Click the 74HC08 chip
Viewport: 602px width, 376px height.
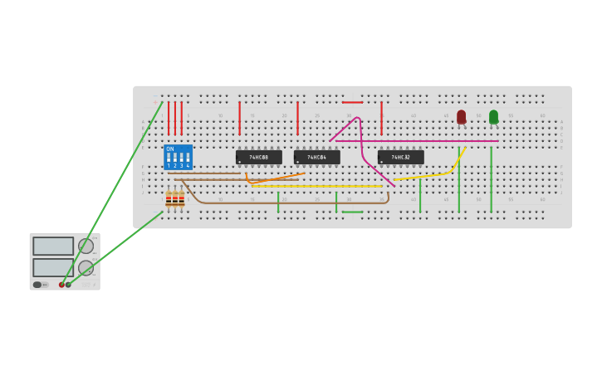coord(259,157)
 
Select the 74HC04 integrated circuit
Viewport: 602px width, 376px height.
coord(317,157)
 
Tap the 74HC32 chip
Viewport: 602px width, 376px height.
coord(400,157)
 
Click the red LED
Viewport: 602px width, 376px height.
coord(462,117)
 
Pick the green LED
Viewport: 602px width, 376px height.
coord(493,117)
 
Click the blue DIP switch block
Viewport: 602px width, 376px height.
coord(178,157)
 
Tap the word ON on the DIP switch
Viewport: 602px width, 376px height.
coord(170,149)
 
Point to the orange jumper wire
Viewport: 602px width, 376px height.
coord(274,178)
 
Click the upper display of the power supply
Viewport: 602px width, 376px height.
coord(53,246)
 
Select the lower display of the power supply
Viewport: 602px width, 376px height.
coord(53,267)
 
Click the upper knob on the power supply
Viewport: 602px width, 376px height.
coord(86,246)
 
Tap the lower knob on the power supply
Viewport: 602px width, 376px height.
coord(86,267)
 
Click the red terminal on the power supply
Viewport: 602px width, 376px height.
coord(61,285)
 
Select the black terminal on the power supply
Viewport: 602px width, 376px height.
coord(68,285)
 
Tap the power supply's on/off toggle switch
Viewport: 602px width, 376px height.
coord(37,285)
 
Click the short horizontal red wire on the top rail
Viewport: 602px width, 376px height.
coord(352,102)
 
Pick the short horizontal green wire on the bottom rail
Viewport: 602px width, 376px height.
coord(352,212)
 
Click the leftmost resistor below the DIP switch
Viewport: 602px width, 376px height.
coord(169,198)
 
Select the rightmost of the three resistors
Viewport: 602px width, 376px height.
coord(182,198)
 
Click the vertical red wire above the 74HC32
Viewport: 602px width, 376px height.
coord(381,118)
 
